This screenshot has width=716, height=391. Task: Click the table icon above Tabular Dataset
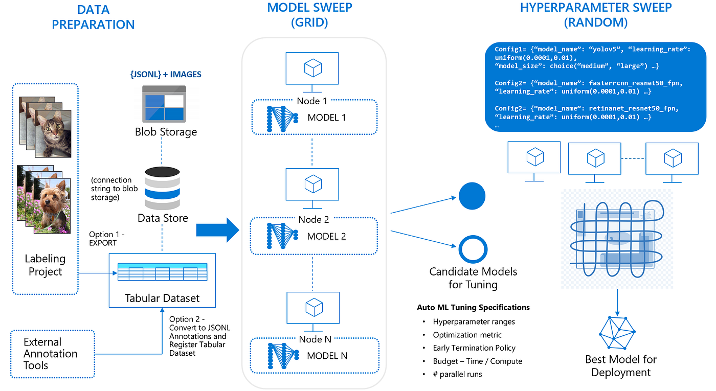pos(162,272)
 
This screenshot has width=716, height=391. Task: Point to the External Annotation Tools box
pos(52,354)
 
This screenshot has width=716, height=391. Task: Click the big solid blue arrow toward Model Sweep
pos(217,231)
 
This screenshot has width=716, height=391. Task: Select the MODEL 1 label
pos(326,118)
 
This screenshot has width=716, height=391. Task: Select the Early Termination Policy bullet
pos(474,348)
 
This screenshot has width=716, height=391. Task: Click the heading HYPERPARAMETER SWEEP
pos(596,8)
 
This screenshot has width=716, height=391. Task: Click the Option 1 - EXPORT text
pos(106,239)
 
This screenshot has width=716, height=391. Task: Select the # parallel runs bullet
pos(457,374)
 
